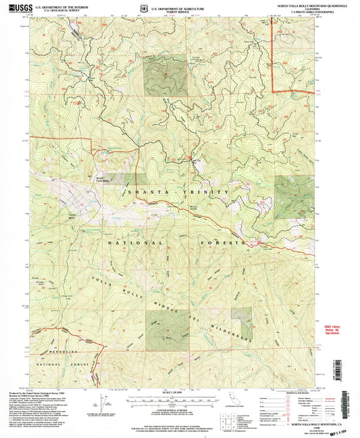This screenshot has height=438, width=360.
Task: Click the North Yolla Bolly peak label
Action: (101, 180)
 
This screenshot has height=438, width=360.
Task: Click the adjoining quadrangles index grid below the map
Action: (259, 404)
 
